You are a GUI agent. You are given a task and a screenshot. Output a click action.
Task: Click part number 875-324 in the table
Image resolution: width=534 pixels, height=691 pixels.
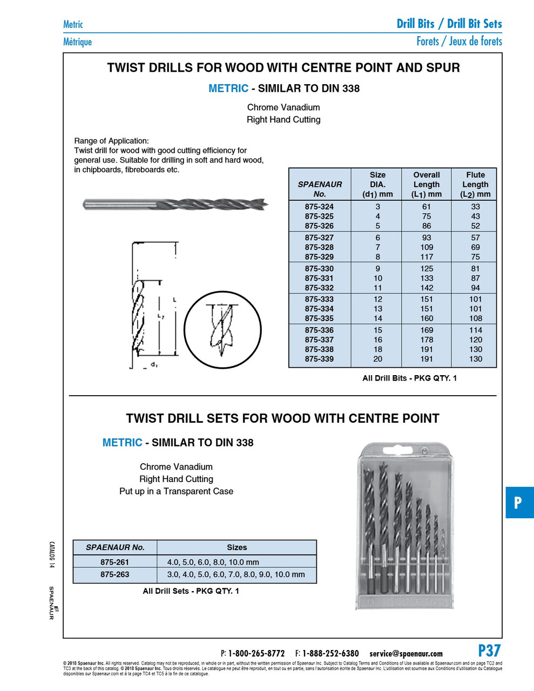(319, 207)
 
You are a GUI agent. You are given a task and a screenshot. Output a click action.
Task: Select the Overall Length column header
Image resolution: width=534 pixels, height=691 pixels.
(427, 184)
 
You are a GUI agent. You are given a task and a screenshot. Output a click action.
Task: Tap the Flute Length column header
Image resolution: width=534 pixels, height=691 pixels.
(475, 184)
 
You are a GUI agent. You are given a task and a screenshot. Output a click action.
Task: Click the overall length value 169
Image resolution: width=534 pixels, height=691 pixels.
(427, 330)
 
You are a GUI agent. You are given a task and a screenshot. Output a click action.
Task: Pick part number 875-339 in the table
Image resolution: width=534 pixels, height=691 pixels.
(319, 359)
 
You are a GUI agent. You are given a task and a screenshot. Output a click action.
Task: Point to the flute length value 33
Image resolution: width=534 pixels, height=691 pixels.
(475, 207)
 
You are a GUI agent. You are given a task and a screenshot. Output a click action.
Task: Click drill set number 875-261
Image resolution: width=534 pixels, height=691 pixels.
(114, 562)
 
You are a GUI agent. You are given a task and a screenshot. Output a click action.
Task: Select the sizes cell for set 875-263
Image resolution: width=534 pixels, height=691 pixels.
(236, 574)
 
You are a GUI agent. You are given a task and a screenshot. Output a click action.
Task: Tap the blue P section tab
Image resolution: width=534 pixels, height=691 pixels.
(518, 503)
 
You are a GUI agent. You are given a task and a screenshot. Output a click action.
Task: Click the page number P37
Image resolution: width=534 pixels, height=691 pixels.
(489, 651)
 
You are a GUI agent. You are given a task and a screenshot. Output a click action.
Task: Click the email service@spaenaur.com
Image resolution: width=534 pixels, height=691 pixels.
(406, 654)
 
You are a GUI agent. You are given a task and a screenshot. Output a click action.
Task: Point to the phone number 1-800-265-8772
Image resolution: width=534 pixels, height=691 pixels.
(256, 654)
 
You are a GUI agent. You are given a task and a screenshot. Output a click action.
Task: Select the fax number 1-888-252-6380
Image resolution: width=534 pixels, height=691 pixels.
(330, 654)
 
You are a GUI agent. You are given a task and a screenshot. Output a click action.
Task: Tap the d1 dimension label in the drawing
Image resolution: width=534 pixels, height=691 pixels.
(154, 365)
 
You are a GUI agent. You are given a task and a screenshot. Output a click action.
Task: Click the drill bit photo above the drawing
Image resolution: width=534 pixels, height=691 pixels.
(175, 205)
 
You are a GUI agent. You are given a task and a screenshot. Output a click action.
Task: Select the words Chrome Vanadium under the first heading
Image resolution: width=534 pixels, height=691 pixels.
(283, 107)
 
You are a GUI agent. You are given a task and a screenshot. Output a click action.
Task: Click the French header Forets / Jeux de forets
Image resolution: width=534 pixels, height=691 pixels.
(459, 42)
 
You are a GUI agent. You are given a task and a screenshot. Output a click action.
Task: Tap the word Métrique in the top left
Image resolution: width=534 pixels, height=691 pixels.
(77, 42)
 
